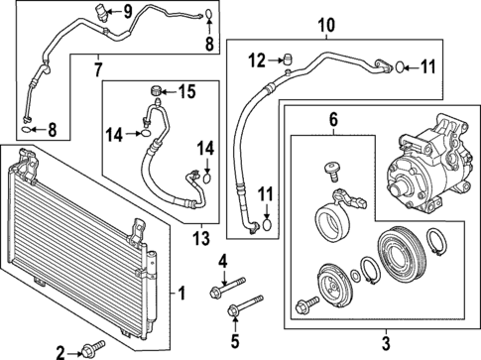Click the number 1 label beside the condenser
[x=182, y=294]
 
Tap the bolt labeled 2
[x=92, y=349]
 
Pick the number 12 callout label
[x=257, y=60]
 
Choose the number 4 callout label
[x=224, y=262]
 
